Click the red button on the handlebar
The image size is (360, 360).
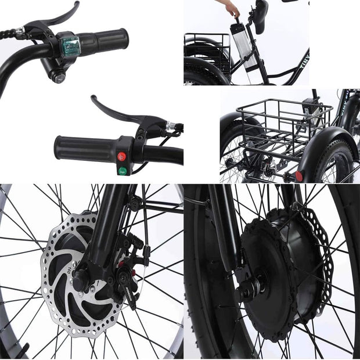(122, 156)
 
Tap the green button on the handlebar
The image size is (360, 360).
(123, 170)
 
